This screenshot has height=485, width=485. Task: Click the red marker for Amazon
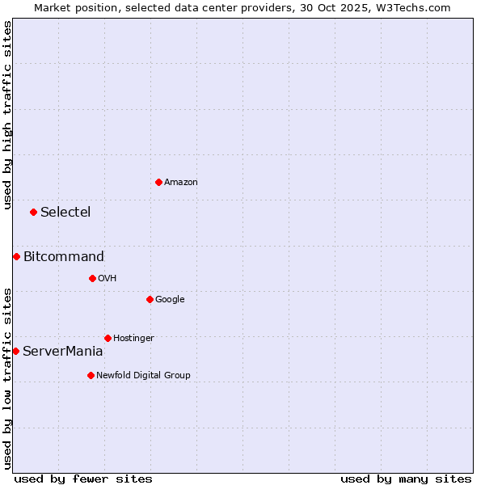click(x=158, y=182)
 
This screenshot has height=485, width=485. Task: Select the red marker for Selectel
click(x=33, y=212)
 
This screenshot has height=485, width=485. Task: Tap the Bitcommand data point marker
click(x=16, y=256)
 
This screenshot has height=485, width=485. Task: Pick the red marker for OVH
click(x=92, y=278)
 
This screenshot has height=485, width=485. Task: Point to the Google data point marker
click(x=150, y=299)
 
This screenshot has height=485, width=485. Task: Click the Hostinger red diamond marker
click(x=108, y=338)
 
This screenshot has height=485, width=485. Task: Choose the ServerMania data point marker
click(x=15, y=351)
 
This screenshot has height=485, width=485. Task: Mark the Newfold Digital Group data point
click(x=91, y=375)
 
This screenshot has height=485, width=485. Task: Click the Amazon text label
click(x=181, y=183)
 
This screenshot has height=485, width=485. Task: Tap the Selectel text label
click(x=65, y=213)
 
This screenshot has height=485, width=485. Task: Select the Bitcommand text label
click(x=64, y=257)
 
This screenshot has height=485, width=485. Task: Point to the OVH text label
click(x=108, y=279)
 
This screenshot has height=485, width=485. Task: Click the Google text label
click(x=170, y=300)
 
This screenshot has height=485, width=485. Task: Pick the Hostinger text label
click(x=133, y=339)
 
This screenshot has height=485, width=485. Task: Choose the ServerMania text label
click(x=62, y=352)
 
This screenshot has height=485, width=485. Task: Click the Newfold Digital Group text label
click(x=143, y=376)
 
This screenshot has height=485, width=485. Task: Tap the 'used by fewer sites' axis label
click(x=83, y=479)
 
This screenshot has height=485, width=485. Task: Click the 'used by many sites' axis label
click(x=406, y=479)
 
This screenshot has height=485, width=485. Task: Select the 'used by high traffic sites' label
click(x=7, y=115)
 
